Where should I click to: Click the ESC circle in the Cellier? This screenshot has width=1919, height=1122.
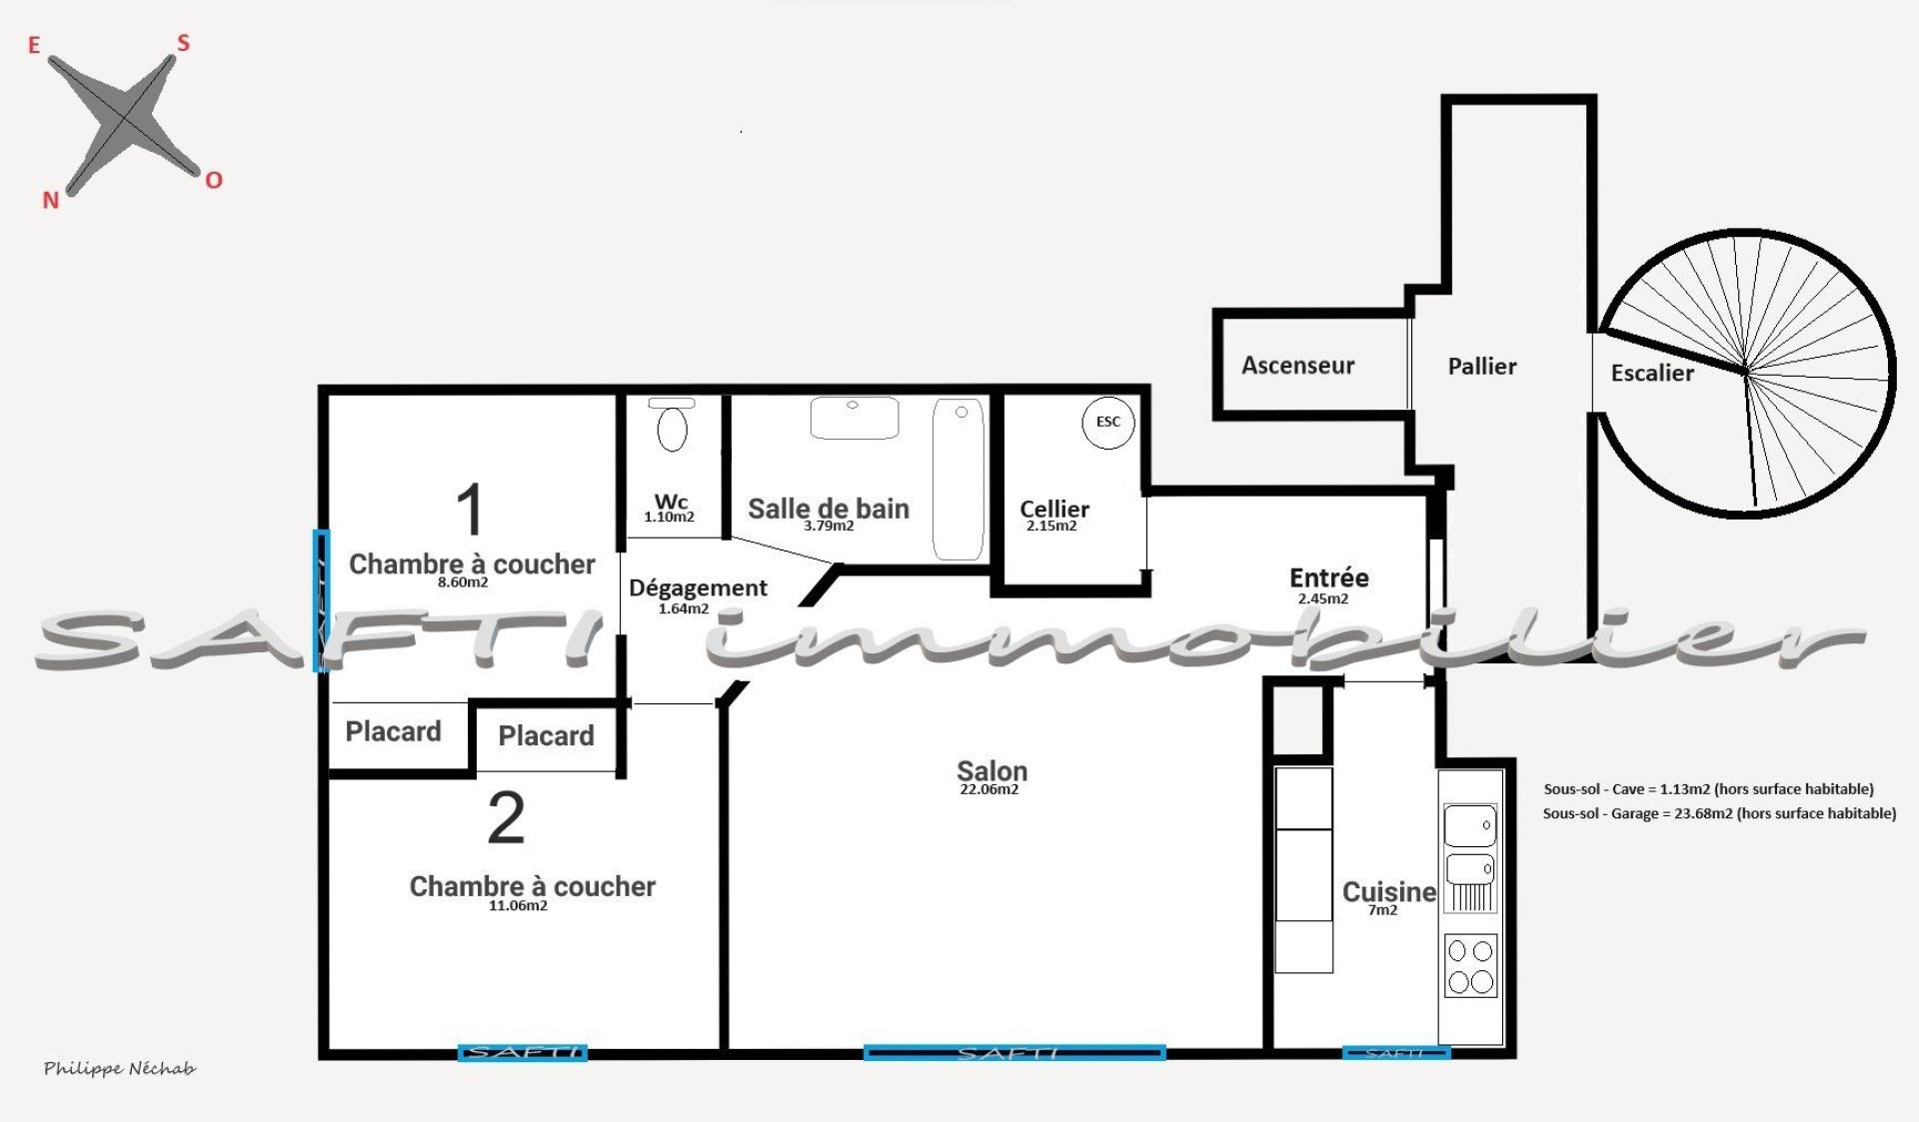point(1108,422)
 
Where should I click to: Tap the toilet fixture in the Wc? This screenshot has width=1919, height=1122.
point(672,425)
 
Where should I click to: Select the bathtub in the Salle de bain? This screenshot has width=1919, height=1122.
point(958,480)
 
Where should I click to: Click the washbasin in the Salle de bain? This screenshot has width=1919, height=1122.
point(855,418)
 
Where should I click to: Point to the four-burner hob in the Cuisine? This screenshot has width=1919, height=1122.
point(1471,966)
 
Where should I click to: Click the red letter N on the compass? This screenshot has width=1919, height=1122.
point(51,200)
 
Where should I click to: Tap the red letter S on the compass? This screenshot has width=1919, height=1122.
point(183,43)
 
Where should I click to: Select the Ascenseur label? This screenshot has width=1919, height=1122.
point(1297,366)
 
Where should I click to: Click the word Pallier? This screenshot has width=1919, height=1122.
point(1482,367)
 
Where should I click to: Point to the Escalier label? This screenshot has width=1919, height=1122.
point(1652,374)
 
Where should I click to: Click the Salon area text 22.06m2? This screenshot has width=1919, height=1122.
point(989,789)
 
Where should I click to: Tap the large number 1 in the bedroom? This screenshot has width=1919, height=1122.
point(470,510)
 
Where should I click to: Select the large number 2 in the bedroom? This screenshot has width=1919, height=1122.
point(506,819)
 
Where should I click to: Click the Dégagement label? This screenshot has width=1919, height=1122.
point(698,588)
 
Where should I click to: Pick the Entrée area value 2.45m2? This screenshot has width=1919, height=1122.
point(1323,599)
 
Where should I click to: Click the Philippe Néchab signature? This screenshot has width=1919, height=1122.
point(120,1069)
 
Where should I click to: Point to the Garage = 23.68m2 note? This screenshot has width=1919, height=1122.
point(1719,813)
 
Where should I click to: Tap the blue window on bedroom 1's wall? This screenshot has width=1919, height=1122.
point(321,601)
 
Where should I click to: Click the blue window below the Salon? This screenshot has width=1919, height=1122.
point(1014,1052)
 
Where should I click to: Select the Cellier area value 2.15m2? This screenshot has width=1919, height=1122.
point(1051,527)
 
